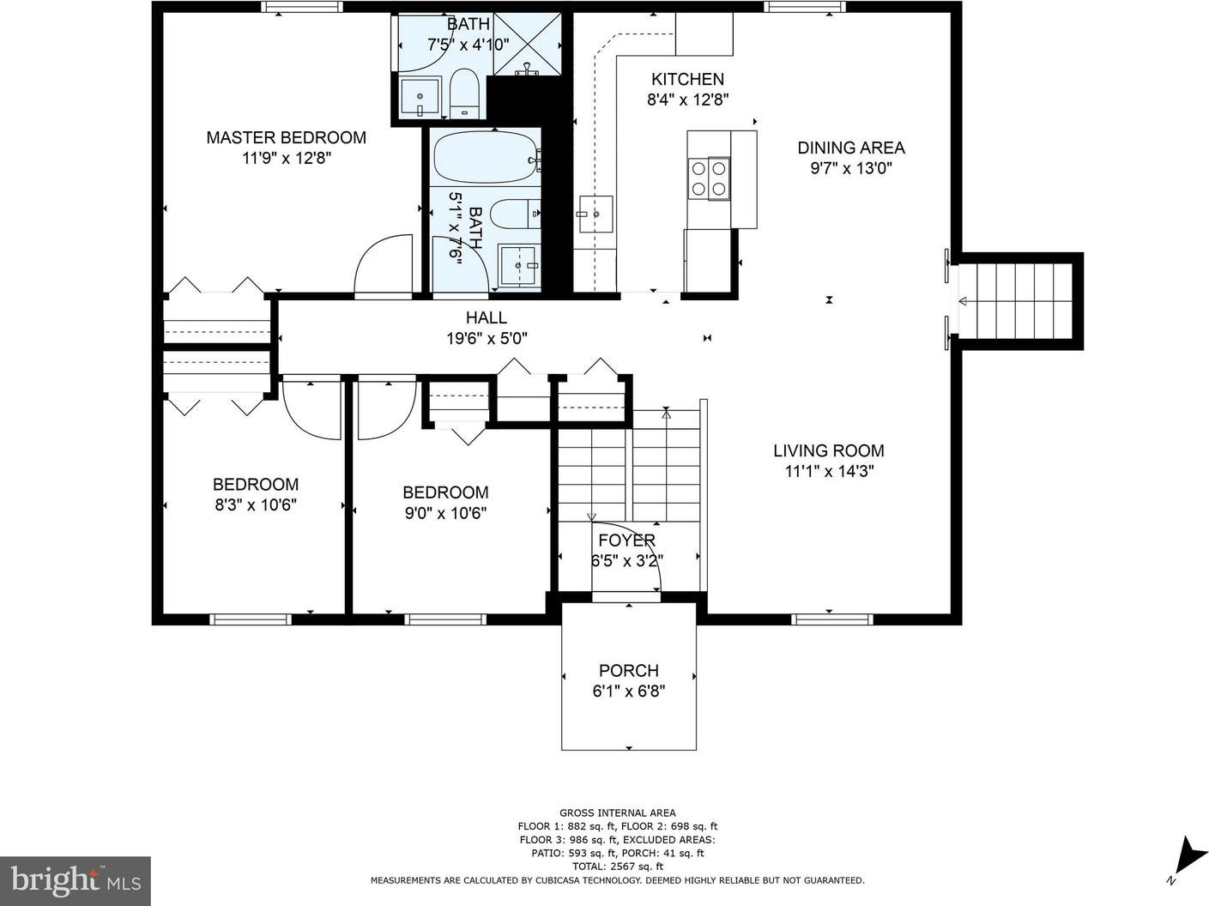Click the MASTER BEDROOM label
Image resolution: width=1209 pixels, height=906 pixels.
286,137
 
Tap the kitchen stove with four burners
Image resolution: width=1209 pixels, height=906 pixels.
709,178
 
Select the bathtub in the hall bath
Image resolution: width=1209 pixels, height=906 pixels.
486,158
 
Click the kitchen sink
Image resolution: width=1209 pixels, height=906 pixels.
595,214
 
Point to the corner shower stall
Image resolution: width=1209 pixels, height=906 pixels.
527,44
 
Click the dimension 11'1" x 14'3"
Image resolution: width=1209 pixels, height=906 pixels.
830,472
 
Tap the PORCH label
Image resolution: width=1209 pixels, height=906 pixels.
629,670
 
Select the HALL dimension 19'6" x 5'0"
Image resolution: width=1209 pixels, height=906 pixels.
487,338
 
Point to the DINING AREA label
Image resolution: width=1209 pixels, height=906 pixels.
851,148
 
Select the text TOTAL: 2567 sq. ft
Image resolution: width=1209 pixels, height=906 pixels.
618,867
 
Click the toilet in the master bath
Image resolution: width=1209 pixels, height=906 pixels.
464,94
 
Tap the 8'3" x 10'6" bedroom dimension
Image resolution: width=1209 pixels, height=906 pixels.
256,504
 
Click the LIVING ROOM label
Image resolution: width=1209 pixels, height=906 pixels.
829,450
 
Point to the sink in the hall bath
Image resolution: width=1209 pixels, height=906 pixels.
517,266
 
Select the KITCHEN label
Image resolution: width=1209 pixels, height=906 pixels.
688,79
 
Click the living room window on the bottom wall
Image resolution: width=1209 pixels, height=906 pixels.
831,619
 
